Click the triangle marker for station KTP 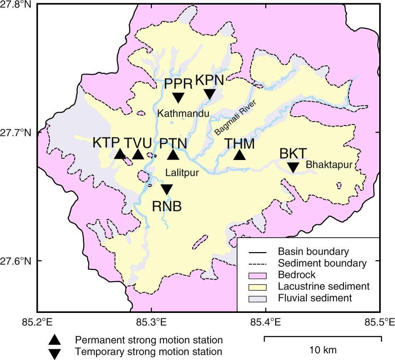(x=120, y=155)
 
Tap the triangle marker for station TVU (x=138, y=155)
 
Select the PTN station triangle (x=173, y=155)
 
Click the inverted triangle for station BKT (x=293, y=167)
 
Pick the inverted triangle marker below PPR (x=178, y=97)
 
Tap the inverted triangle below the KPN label (x=210, y=94)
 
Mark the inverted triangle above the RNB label (x=166, y=189)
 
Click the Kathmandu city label (x=183, y=113)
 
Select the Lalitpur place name (x=181, y=172)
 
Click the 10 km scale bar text (x=323, y=349)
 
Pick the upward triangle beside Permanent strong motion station (x=55, y=340)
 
